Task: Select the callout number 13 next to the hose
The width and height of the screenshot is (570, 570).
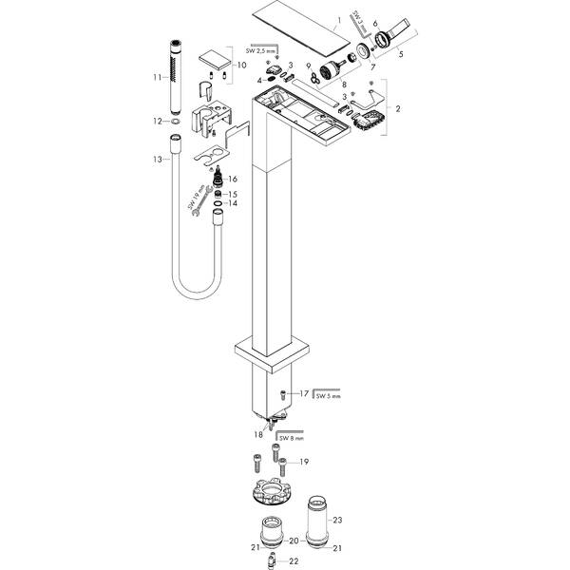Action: (x=158, y=159)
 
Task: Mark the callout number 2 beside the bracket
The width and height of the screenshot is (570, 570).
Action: (x=397, y=110)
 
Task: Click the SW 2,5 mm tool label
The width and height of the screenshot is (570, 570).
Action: (x=264, y=49)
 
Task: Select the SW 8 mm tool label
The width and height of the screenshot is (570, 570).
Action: (x=291, y=438)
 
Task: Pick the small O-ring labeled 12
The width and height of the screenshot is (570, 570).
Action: (x=177, y=121)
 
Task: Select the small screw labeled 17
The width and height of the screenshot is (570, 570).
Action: (x=283, y=393)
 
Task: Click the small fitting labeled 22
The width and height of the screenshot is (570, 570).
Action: (x=271, y=560)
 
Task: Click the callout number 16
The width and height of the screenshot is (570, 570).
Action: (x=233, y=179)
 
